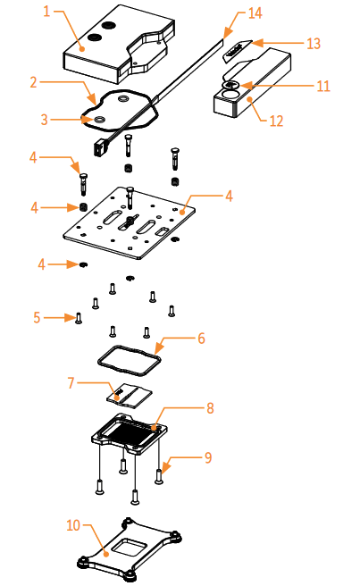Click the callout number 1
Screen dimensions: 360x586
[x=46, y=12]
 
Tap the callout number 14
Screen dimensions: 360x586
[x=255, y=13]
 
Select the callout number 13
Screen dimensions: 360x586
[x=314, y=44]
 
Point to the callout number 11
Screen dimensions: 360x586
[x=323, y=86]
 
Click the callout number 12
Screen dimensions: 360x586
[x=276, y=121]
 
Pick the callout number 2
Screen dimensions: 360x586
[x=34, y=82]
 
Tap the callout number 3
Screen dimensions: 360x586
[x=45, y=120]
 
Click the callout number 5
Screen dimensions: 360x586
[x=37, y=318]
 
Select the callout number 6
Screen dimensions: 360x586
[x=202, y=339]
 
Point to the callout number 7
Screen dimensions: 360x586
[x=71, y=382]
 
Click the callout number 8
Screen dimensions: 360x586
[x=211, y=407]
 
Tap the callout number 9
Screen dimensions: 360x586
[x=208, y=457]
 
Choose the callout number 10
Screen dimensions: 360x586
[x=73, y=525]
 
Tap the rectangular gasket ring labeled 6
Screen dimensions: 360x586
[x=98, y=362]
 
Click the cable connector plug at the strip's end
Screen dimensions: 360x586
[x=100, y=146]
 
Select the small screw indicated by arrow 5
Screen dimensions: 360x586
[x=79, y=318]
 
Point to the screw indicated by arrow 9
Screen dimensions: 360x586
[x=159, y=476]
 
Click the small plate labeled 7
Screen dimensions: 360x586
[x=130, y=395]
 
